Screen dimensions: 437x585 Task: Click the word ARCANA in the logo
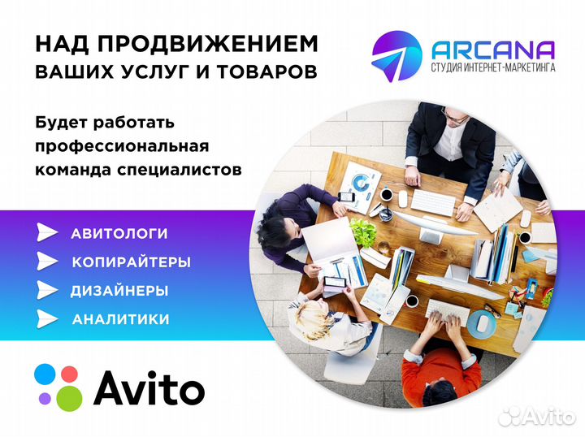click(x=494, y=50)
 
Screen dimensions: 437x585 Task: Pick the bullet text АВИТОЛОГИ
click(x=119, y=234)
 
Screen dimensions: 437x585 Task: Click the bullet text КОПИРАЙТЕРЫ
click(x=132, y=262)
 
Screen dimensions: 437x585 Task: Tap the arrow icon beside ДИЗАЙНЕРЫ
click(x=48, y=291)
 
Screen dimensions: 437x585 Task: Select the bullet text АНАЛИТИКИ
click(x=121, y=319)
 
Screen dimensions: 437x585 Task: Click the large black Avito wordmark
click(x=149, y=388)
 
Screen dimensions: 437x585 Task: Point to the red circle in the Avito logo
click(x=70, y=374)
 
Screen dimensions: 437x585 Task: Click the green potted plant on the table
click(x=363, y=233)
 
